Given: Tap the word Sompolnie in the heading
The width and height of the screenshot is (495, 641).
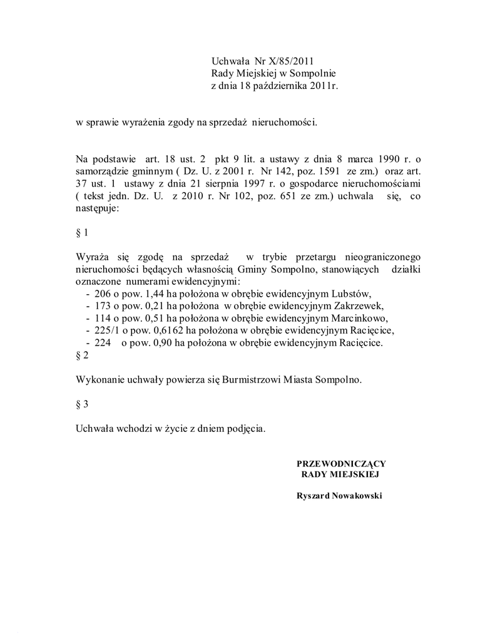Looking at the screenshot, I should [311, 73].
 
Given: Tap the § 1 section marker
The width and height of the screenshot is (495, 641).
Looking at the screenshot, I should [82, 233].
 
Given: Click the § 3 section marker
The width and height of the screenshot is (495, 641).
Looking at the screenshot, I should [82, 404].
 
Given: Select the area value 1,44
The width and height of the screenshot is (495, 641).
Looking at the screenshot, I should [155, 294].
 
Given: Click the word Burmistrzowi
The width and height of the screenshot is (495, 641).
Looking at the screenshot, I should [250, 379].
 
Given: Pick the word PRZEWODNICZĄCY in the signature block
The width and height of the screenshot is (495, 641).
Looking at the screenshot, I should [341, 463].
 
